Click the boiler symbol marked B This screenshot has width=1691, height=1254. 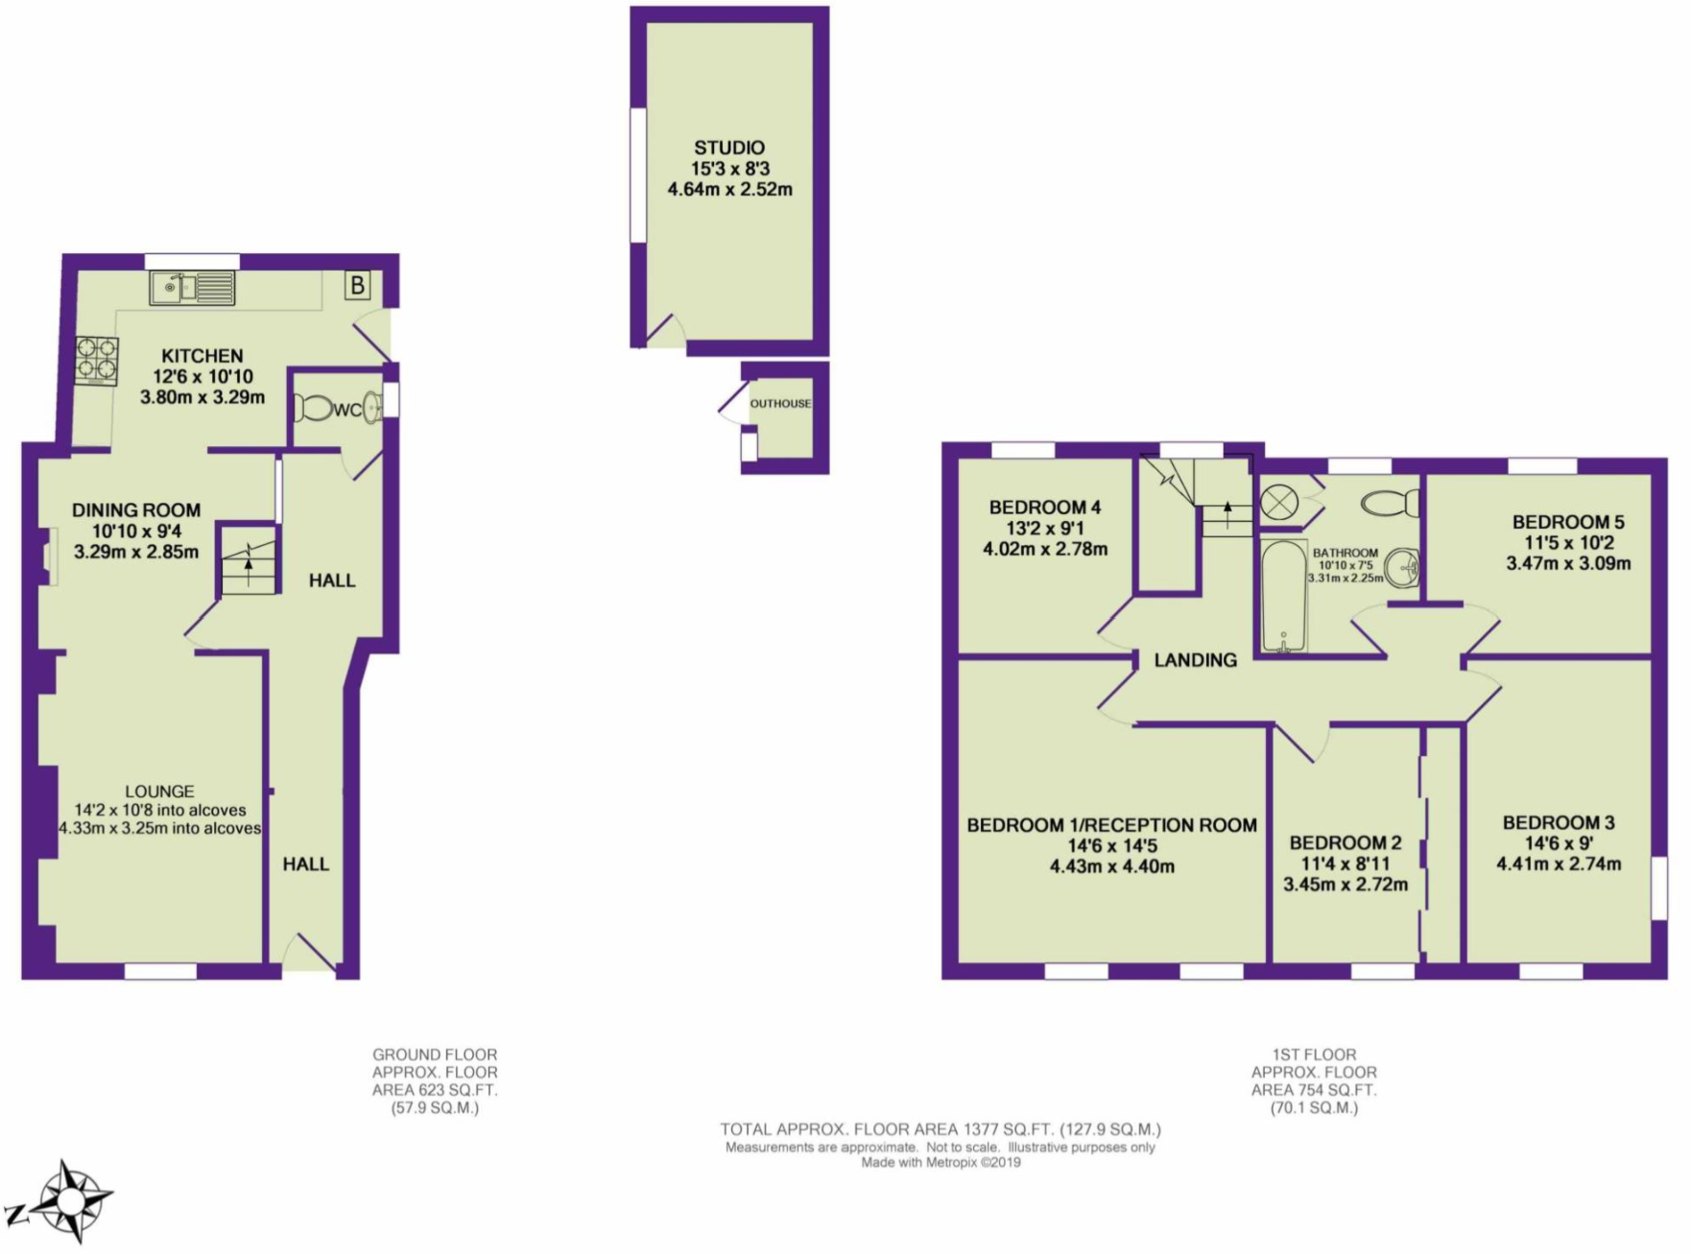tap(357, 285)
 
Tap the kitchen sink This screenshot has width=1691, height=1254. tap(192, 287)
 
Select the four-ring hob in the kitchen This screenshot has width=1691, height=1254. tap(97, 360)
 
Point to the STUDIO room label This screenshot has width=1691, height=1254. tap(729, 148)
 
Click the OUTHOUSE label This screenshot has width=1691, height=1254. tap(780, 404)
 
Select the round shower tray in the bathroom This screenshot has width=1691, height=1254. tap(1279, 502)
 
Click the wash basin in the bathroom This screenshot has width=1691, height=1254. tap(1403, 567)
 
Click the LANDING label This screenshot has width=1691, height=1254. tap(1195, 660)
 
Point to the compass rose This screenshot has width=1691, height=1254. tap(69, 1200)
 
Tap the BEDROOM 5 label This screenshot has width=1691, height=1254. tap(1567, 522)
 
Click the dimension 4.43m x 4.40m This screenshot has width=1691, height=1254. tap(1111, 866)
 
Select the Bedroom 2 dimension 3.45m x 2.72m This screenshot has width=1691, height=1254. tap(1345, 884)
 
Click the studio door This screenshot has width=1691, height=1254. tap(665, 331)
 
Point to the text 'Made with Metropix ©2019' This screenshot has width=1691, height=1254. tap(941, 1163)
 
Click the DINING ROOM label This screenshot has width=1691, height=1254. tap(136, 510)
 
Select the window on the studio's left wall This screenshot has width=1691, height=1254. tap(637, 175)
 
